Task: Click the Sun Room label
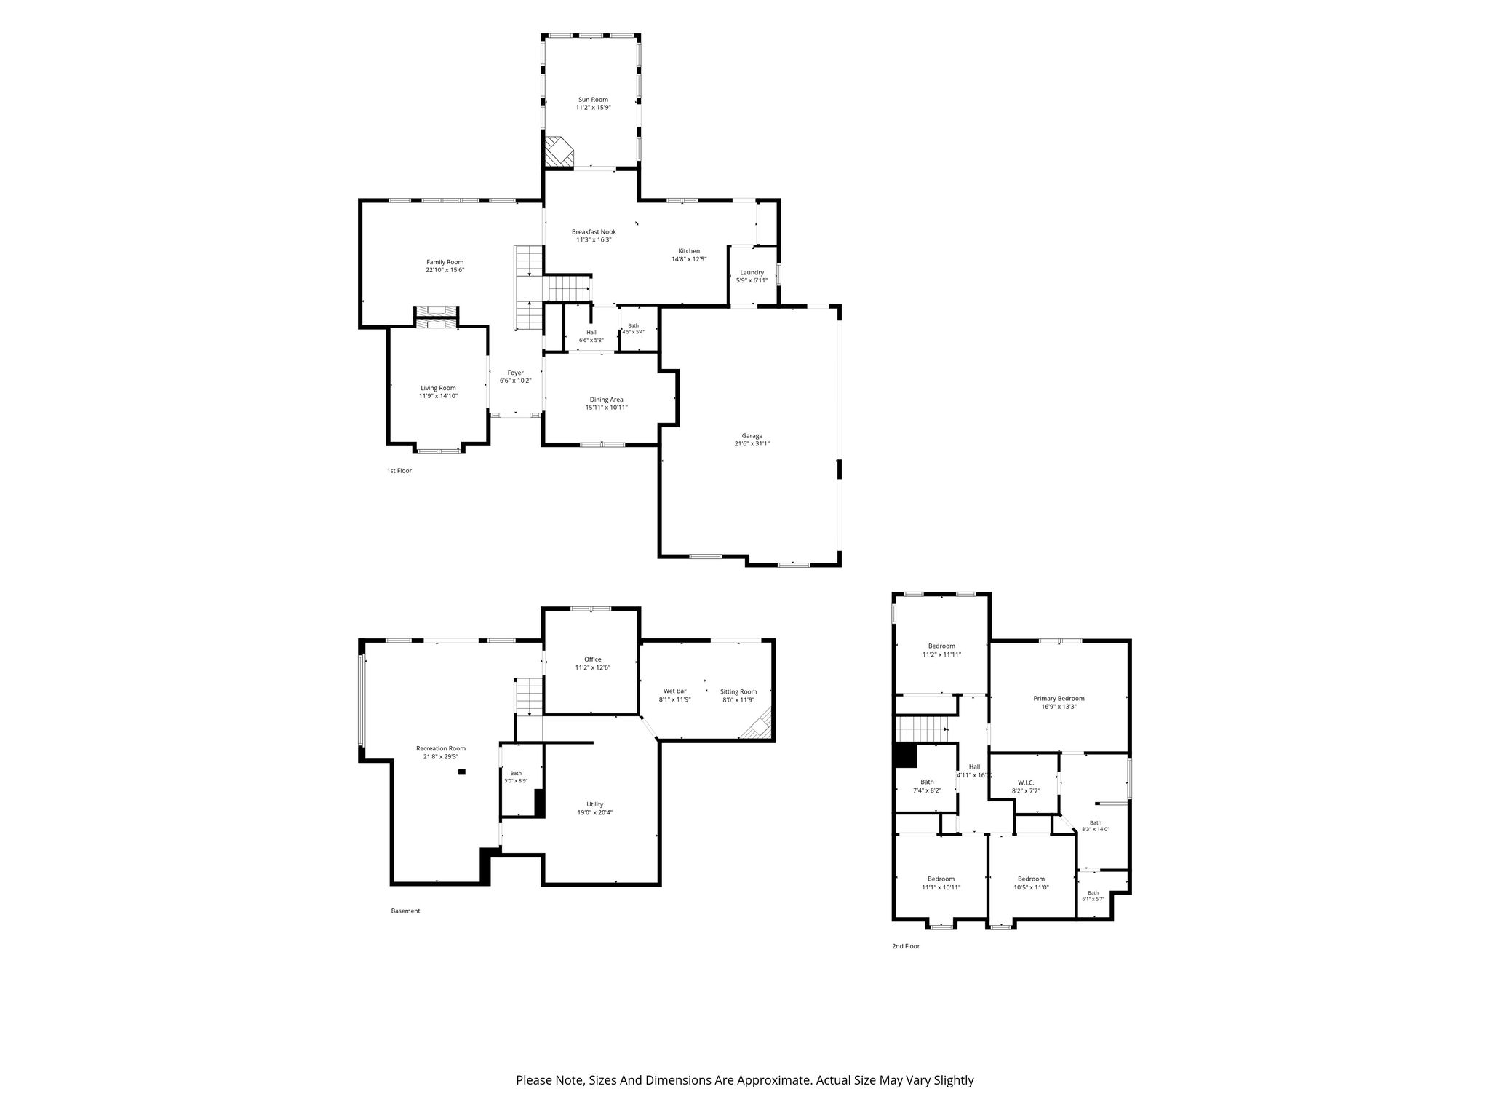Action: pos(593,100)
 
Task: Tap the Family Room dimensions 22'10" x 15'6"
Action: pos(445,270)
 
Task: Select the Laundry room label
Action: pos(752,272)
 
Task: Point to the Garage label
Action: pos(752,435)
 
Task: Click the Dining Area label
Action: pos(606,400)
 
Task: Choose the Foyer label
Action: pos(515,373)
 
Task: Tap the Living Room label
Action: pos(438,388)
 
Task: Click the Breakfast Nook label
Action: pos(594,231)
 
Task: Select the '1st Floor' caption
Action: pos(399,471)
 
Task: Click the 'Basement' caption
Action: pos(405,911)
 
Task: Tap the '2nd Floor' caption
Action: pos(906,946)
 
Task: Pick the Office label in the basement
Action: pos(592,659)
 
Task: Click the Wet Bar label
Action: pos(674,691)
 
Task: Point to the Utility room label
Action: pos(594,804)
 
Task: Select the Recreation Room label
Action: pos(440,748)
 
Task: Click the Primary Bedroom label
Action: pos(1059,698)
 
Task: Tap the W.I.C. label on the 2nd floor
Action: pos(1025,782)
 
